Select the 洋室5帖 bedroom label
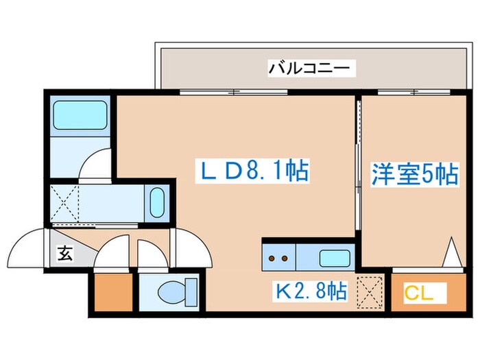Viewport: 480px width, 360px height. click(x=415, y=173)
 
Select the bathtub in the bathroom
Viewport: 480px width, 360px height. click(x=79, y=114)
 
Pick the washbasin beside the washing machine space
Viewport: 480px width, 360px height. click(x=157, y=203)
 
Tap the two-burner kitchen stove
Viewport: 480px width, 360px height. click(x=278, y=259)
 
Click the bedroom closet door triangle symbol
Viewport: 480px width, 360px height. click(x=451, y=254)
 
